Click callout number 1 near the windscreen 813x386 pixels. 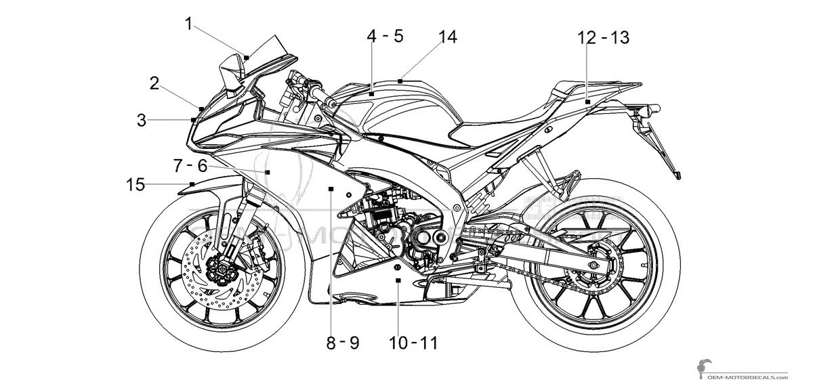[190, 25]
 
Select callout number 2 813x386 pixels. [154, 83]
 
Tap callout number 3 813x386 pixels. [141, 121]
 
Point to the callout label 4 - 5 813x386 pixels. [385, 36]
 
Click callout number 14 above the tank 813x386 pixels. [447, 37]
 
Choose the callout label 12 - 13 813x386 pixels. [604, 38]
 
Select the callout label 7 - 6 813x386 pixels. [190, 165]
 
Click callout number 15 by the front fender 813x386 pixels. [136, 184]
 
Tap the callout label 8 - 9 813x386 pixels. [342, 343]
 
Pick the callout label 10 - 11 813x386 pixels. [413, 343]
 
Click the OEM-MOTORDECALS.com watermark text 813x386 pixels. [752, 377]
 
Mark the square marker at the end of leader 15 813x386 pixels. [193, 184]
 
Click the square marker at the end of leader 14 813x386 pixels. [401, 81]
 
